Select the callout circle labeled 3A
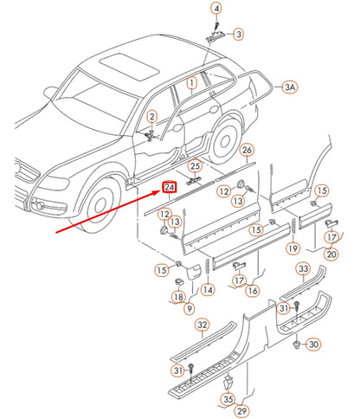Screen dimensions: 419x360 pyautogui.click(x=291, y=87)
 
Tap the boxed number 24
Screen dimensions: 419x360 pyautogui.click(x=170, y=187)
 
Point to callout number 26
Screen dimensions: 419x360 pyautogui.click(x=247, y=151)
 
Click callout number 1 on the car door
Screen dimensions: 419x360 pyautogui.click(x=192, y=84)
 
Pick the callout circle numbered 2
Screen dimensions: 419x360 pyautogui.click(x=151, y=117)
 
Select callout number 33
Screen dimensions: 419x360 pyautogui.click(x=303, y=269)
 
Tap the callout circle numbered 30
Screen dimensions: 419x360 pyautogui.click(x=313, y=345)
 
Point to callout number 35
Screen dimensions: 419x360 pyautogui.click(x=227, y=399)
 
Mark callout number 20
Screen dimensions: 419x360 pyautogui.click(x=331, y=254)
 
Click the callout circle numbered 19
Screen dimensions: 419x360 pyautogui.click(x=293, y=249)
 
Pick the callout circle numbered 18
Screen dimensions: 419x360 pyautogui.click(x=177, y=297)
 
